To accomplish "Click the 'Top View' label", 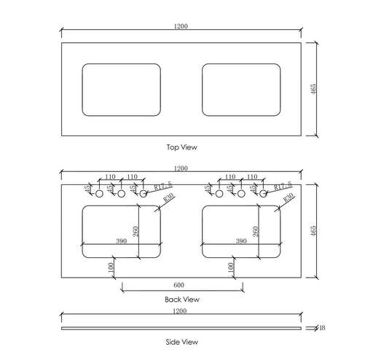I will [181, 147].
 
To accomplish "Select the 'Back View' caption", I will [181, 299].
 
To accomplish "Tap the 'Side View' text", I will [181, 341].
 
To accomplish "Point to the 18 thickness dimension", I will [321, 328].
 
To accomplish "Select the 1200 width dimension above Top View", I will [181, 26].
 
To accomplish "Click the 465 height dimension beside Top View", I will [323, 88].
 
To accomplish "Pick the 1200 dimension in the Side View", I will [181, 311].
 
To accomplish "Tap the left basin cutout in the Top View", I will [122, 89].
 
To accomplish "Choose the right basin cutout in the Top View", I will [241, 89].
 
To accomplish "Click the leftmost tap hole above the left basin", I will [100, 193].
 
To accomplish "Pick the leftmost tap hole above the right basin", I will [220, 193].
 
